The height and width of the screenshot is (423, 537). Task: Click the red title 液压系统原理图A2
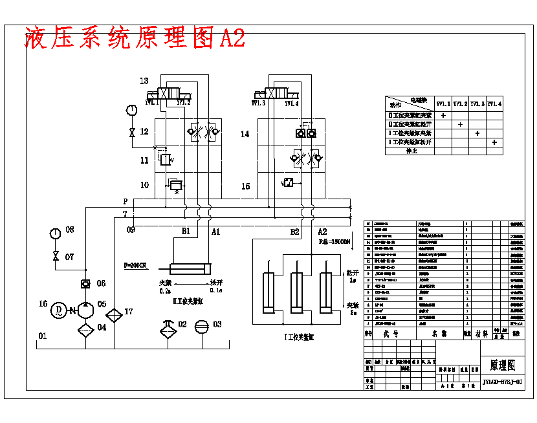135,38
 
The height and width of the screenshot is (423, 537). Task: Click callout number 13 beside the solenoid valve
144,81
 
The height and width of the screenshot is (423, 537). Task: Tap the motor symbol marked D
59,310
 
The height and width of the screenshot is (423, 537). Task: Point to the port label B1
186,231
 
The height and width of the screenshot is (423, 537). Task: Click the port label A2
322,231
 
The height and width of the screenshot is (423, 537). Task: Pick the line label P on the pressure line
126,202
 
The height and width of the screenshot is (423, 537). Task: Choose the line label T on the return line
126,214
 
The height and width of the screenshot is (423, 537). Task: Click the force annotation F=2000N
136,265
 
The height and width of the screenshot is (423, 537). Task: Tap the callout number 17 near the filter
128,312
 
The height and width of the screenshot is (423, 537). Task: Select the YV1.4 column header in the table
494,103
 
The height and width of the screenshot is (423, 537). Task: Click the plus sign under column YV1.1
443,115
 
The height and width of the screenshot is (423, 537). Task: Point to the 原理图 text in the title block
502,365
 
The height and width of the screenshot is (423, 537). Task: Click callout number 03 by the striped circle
217,324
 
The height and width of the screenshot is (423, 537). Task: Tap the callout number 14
245,135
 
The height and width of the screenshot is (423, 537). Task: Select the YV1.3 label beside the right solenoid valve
259,103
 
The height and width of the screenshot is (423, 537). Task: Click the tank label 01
43,336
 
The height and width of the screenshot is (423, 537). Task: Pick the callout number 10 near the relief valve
144,185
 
